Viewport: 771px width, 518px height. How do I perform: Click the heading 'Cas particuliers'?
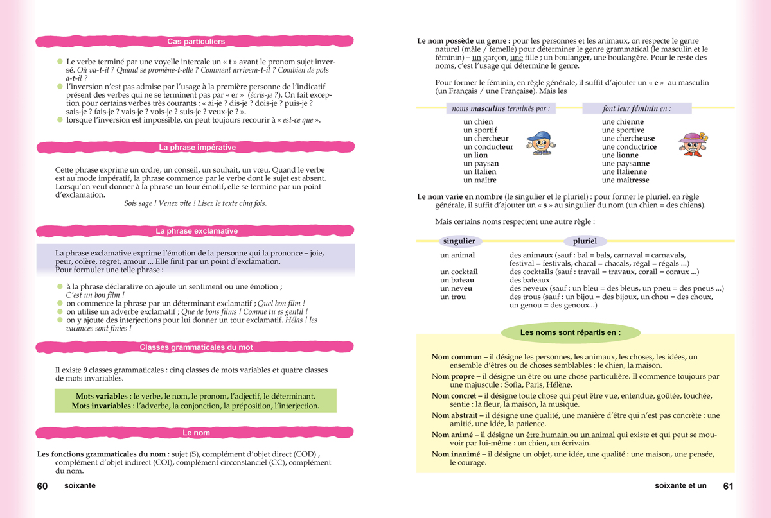click(x=196, y=42)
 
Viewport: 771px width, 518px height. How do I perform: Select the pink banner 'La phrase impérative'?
click(x=197, y=148)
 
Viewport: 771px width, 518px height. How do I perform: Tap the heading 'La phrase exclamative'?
click(x=197, y=231)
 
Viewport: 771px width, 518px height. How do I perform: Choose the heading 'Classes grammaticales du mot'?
click(x=196, y=347)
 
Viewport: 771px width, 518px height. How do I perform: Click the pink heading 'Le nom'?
click(x=196, y=433)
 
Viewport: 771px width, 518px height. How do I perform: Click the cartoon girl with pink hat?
click(x=691, y=144)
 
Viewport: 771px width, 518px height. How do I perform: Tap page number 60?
click(x=42, y=486)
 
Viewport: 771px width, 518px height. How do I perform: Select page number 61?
click(x=728, y=486)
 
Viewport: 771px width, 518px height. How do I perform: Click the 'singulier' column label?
click(x=459, y=241)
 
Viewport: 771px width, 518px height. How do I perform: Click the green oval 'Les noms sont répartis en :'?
click(x=571, y=333)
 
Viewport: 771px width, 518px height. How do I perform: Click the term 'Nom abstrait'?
click(x=458, y=415)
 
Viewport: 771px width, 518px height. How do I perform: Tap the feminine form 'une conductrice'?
click(x=629, y=147)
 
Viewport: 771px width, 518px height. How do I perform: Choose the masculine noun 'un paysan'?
click(x=481, y=164)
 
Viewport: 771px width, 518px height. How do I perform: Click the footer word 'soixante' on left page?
click(x=80, y=486)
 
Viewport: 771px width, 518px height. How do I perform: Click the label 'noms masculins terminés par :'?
click(x=501, y=108)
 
